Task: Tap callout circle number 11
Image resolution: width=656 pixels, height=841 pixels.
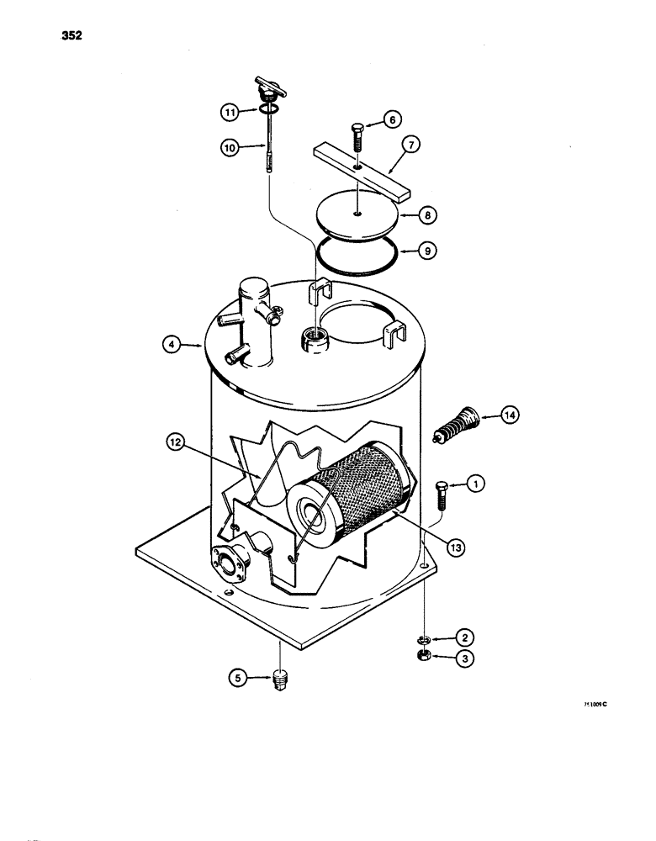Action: (x=229, y=110)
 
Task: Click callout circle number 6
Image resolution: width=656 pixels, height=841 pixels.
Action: (x=393, y=119)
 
